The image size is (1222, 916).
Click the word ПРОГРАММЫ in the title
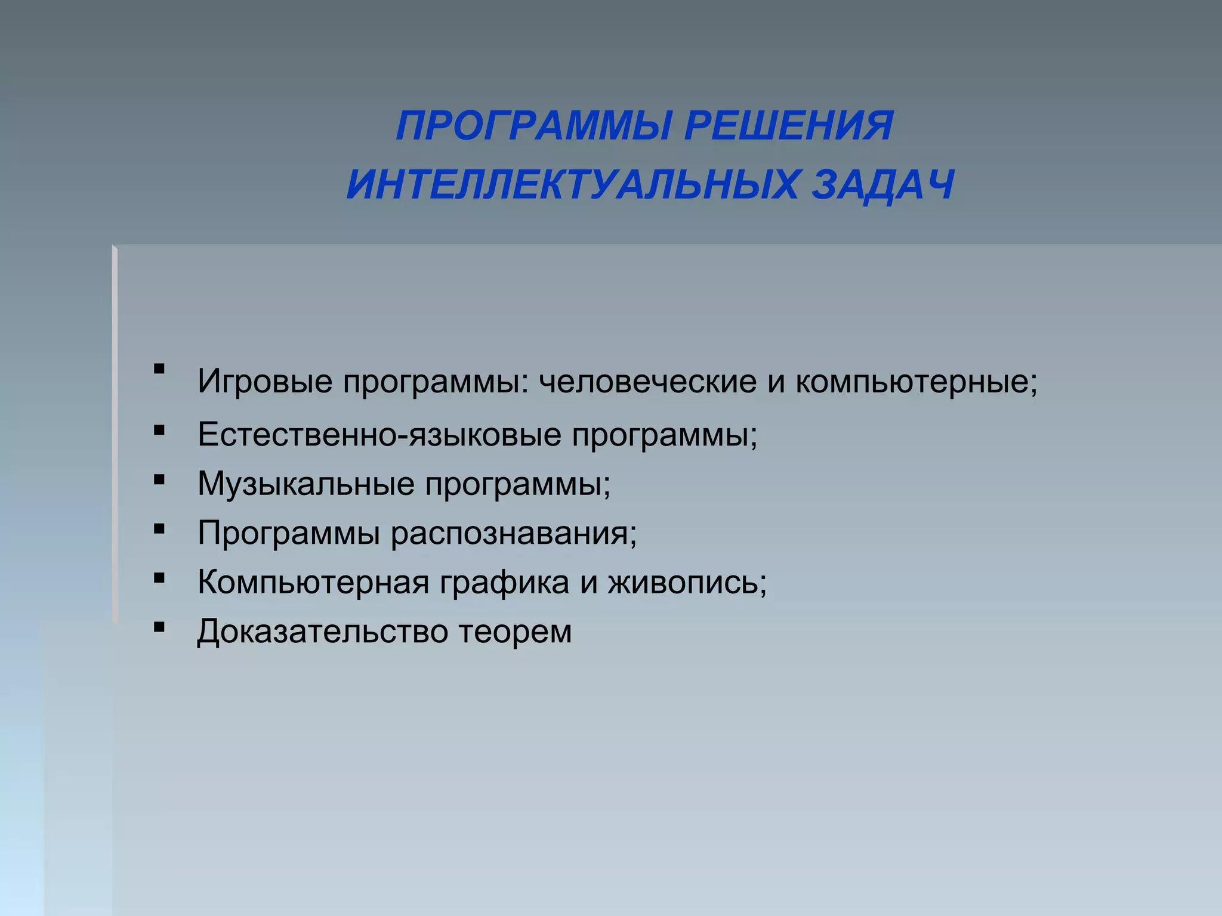point(534,126)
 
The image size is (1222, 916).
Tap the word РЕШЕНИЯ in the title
point(789,126)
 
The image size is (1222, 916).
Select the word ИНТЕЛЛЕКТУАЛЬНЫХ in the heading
point(572,184)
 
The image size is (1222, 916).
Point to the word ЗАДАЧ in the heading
point(884,184)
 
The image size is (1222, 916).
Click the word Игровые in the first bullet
point(265,382)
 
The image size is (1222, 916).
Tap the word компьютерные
point(913,382)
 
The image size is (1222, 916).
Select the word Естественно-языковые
point(379,434)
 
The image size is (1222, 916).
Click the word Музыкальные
point(306,483)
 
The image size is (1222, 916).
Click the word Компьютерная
point(313,582)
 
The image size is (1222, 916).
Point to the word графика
point(504,582)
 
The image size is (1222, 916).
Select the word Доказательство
point(323,632)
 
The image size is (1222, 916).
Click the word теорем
point(515,632)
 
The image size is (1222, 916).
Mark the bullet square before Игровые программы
point(159,369)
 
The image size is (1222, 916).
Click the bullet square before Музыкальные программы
point(159,479)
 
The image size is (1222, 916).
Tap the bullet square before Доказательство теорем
point(159,627)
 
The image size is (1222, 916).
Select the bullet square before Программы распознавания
point(159,528)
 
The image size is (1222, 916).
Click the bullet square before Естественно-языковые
point(159,430)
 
